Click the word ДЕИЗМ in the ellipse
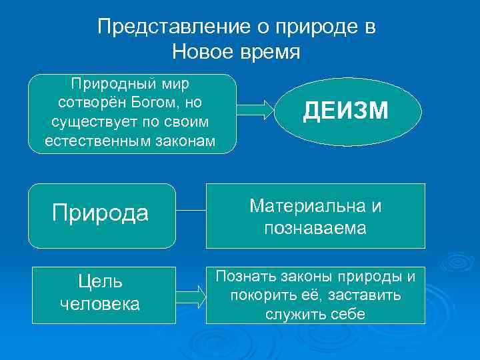pos(345,111)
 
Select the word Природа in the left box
pos(100,213)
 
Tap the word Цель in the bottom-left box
pos(100,282)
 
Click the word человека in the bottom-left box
pos(100,304)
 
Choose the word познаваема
pos(315,228)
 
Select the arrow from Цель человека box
pos(191,293)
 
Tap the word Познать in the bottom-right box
pos(244,276)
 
